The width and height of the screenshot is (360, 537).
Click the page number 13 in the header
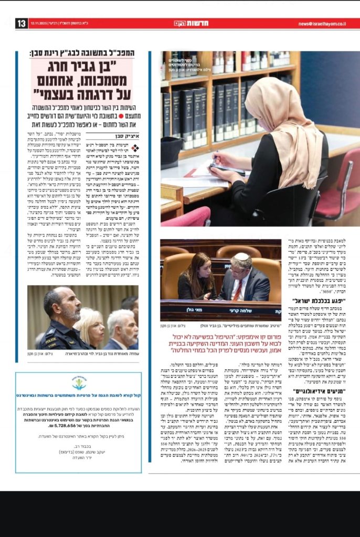22,24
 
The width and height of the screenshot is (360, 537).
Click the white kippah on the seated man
241,257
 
